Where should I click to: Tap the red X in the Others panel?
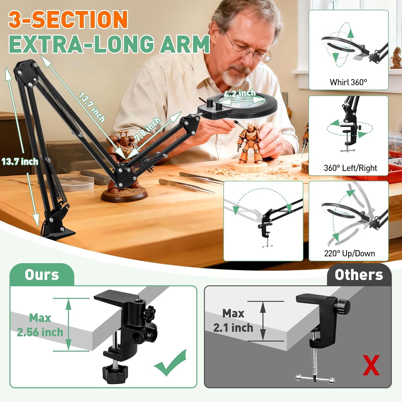[371, 365]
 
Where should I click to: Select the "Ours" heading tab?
[42, 275]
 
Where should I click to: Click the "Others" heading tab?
[359, 275]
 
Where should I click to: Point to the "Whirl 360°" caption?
[348, 82]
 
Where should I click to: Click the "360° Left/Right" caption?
[350, 168]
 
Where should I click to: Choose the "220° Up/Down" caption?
[349, 253]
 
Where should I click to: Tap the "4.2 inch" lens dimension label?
[240, 94]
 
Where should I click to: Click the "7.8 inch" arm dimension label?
[148, 129]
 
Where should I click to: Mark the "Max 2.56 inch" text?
[40, 325]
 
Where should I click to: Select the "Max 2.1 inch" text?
[233, 321]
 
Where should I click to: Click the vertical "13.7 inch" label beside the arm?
[20, 162]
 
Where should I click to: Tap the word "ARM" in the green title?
[185, 44]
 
